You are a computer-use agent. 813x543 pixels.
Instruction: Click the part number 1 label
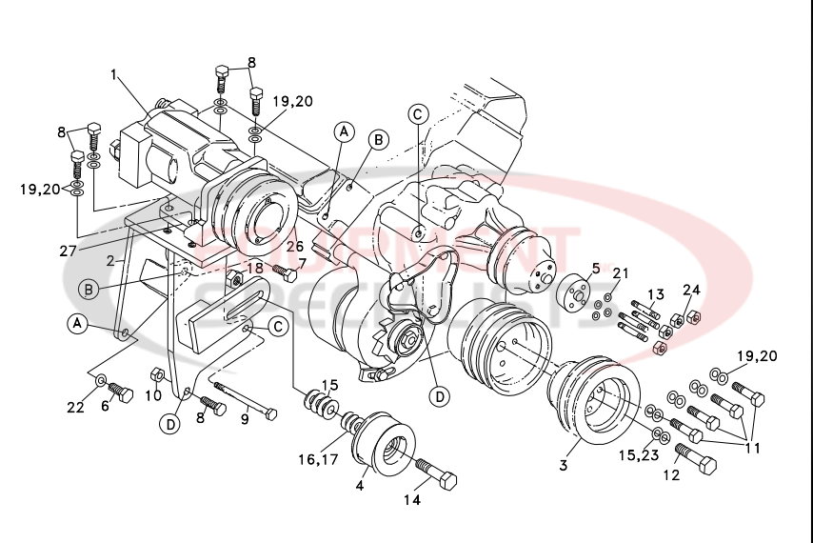click(x=114, y=73)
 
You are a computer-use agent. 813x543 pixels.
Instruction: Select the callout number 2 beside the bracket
click(x=110, y=259)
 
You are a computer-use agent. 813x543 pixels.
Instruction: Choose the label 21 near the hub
click(x=620, y=273)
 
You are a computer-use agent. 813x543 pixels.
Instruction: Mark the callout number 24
click(x=691, y=290)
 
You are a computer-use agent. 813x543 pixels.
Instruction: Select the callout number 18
click(x=255, y=269)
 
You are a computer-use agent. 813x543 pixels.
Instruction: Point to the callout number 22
click(x=76, y=409)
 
